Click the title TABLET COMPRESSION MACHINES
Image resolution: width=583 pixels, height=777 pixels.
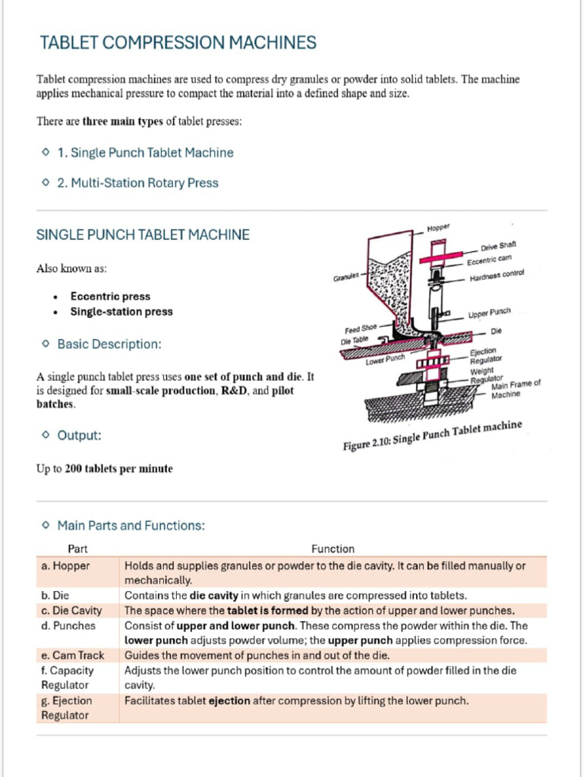(178, 42)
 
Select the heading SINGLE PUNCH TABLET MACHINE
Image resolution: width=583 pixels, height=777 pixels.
(143, 234)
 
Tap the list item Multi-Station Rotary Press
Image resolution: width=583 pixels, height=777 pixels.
(144, 183)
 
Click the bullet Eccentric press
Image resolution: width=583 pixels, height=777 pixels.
(110, 297)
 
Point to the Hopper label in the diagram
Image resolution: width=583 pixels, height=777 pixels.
(439, 227)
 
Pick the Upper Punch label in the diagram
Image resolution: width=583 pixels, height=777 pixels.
(490, 313)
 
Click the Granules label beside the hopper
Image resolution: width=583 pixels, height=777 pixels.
(346, 278)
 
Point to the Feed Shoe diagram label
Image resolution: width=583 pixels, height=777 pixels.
(361, 329)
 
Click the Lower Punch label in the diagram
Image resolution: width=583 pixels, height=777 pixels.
(385, 360)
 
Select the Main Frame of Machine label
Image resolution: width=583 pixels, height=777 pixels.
(515, 389)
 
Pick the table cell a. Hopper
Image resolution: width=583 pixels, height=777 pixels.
(65, 565)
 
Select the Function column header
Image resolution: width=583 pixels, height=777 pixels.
(332, 549)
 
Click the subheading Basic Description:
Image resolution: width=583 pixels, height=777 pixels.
(109, 344)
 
